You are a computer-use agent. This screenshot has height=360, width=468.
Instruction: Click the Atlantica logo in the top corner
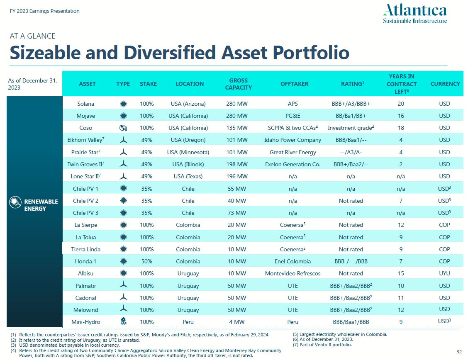pyautogui.click(x=415, y=14)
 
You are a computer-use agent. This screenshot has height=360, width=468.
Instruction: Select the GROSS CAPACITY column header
pyautogui.click(x=238, y=84)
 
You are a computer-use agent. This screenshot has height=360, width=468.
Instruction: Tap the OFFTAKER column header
pyautogui.click(x=294, y=84)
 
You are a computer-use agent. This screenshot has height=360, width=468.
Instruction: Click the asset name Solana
pyautogui.click(x=85, y=104)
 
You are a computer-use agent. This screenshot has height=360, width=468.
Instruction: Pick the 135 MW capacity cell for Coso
pyautogui.click(x=236, y=128)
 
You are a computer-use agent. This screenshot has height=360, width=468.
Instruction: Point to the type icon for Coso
pyautogui.click(x=123, y=128)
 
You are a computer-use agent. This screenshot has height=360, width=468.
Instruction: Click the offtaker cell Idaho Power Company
pyautogui.click(x=292, y=140)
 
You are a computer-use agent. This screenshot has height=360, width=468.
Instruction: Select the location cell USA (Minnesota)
pyautogui.click(x=188, y=152)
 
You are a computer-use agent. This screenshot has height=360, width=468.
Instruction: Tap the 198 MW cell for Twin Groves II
pyautogui.click(x=236, y=164)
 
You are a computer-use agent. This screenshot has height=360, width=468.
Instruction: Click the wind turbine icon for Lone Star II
pyautogui.click(x=123, y=176)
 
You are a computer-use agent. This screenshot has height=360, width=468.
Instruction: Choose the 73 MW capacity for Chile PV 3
pyautogui.click(x=237, y=213)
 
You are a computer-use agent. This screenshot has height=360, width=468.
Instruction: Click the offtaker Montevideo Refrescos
pyautogui.click(x=292, y=273)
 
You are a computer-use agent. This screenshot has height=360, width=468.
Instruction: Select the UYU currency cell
pyautogui.click(x=444, y=273)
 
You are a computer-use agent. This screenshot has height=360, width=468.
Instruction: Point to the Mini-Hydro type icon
pyautogui.click(x=123, y=321)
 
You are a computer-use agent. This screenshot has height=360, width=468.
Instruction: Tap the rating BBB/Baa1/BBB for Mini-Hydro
pyautogui.click(x=351, y=322)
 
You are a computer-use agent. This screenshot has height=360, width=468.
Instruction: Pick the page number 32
pyautogui.click(x=459, y=352)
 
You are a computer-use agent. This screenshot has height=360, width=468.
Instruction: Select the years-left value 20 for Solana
pyautogui.click(x=401, y=104)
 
